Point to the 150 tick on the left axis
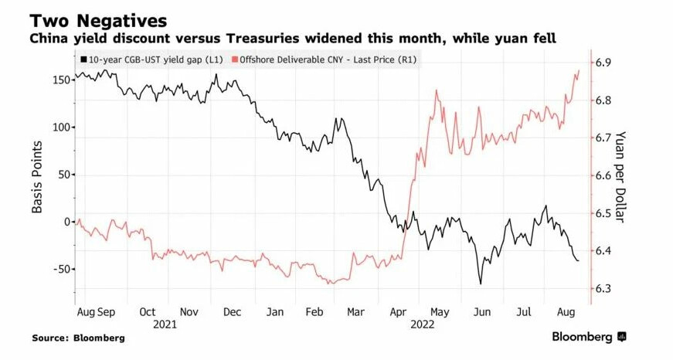pyautogui.click(x=60, y=80)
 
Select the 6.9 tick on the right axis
pyautogui.click(x=603, y=62)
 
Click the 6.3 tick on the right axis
pyautogui.click(x=603, y=289)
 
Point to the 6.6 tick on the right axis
pyautogui.click(x=603, y=175)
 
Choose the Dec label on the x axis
pyautogui.click(x=232, y=313)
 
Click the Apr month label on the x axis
pyautogui.click(x=398, y=313)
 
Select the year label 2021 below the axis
pyautogui.click(x=168, y=325)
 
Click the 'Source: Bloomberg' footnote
pyautogui.click(x=78, y=338)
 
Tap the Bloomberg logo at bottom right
pyautogui.click(x=587, y=337)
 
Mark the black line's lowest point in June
pyautogui.click(x=481, y=284)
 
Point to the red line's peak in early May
pyautogui.click(x=437, y=90)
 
